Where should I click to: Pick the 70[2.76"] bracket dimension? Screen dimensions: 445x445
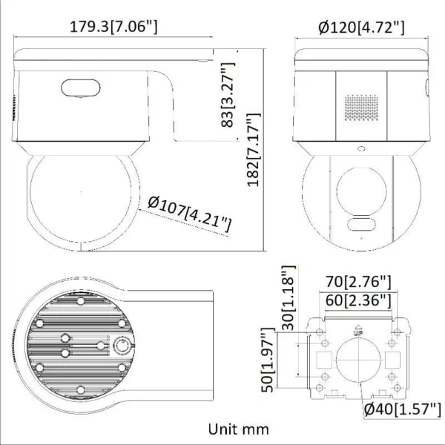pyautogui.click(x=359, y=282)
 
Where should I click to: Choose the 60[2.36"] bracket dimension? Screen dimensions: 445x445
pyautogui.click(x=359, y=300)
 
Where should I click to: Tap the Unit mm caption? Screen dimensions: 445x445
pyautogui.click(x=238, y=429)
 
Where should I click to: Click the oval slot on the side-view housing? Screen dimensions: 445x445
pyautogui.click(x=76, y=88)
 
